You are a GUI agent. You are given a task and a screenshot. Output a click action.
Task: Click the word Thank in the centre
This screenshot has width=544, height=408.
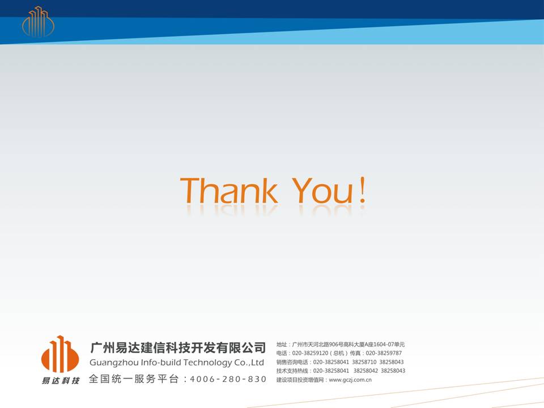pos(229,190)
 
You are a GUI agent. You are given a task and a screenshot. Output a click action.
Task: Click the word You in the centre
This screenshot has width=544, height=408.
pos(322,190)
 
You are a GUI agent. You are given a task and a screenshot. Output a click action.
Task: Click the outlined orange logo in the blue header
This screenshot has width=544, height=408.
pos(38,22)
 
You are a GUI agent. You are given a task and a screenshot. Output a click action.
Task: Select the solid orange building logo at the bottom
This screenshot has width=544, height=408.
pos(60,354)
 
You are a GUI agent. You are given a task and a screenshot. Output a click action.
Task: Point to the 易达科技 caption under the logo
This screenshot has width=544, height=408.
pos(61,381)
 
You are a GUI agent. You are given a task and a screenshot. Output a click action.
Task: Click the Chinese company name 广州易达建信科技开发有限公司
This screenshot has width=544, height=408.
pos(178,347)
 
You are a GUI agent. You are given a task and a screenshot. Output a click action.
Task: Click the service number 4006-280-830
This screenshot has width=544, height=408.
pos(228,379)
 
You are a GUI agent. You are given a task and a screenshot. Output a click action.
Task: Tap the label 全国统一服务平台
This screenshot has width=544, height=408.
pos(134,379)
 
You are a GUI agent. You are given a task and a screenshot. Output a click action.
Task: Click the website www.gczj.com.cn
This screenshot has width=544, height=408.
pos(350,380)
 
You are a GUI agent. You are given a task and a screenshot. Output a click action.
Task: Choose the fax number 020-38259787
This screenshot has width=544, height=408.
pos(384,353)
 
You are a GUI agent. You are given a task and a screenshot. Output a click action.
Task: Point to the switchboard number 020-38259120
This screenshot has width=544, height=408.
pos(310,353)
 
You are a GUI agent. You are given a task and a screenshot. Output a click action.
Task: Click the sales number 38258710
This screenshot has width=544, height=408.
pos(364,362)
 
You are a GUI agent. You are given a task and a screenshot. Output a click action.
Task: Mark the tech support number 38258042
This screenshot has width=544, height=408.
pos(365,371)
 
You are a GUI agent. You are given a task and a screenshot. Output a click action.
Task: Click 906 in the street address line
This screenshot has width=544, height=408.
pos(333,345)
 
